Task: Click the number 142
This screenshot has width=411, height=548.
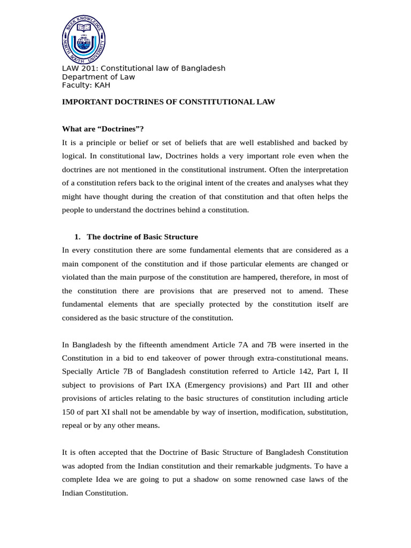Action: [x=306, y=371]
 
